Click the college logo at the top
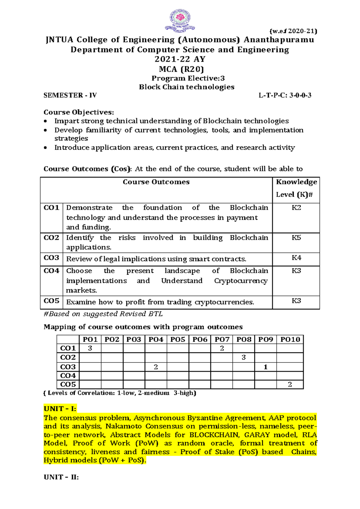click(x=180, y=20)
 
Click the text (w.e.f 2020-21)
click(x=293, y=31)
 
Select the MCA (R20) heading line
click(x=181, y=69)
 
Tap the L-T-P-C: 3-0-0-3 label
click(x=285, y=95)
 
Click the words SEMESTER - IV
click(x=70, y=95)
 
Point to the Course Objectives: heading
click(x=79, y=112)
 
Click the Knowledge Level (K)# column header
click(x=296, y=188)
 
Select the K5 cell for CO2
click(x=296, y=238)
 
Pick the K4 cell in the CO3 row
click(x=296, y=258)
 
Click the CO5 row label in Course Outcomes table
click(x=52, y=301)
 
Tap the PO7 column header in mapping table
click(x=222, y=339)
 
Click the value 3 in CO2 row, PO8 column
click(x=244, y=357)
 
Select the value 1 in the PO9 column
click(x=265, y=367)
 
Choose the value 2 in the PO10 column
click(x=290, y=384)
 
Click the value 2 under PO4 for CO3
click(x=156, y=367)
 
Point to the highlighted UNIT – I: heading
click(x=60, y=409)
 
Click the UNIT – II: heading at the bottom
click(x=61, y=477)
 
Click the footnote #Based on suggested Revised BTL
click(x=103, y=314)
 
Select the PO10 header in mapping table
click(x=290, y=339)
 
